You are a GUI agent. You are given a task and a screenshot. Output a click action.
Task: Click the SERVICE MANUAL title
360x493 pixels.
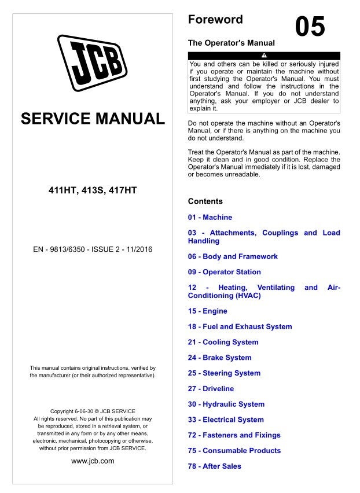pyautogui.click(x=93, y=119)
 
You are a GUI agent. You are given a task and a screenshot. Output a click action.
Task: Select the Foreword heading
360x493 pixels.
pyautogui.click(x=215, y=20)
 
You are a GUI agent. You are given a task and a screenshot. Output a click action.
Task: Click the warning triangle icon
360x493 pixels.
pyautogui.click(x=264, y=56)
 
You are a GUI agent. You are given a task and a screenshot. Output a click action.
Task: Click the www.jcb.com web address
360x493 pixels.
pyautogui.click(x=93, y=461)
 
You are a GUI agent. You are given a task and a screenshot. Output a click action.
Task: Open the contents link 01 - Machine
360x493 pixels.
pyautogui.click(x=210, y=218)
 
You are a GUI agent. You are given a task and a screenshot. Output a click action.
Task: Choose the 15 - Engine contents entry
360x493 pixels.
pyautogui.click(x=207, y=311)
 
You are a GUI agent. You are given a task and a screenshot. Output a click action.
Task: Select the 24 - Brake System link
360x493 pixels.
pyautogui.click(x=219, y=358)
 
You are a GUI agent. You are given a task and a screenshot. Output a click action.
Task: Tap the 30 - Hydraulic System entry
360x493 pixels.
pyautogui.click(x=226, y=404)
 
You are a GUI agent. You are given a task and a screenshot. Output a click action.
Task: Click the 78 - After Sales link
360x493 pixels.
pyautogui.click(x=214, y=466)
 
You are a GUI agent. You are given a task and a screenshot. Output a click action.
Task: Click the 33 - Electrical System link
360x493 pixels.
pyautogui.click(x=226, y=420)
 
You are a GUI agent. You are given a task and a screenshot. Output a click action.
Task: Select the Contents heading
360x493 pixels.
pyautogui.click(x=205, y=201)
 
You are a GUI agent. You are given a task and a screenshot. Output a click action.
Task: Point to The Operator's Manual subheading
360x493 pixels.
pyautogui.click(x=232, y=43)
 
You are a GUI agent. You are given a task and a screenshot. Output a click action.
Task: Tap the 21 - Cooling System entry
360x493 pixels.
pyautogui.click(x=223, y=342)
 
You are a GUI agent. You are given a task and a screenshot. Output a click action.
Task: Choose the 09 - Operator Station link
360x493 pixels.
pyautogui.click(x=224, y=272)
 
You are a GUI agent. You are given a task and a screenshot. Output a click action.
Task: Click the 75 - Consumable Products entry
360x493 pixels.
pyautogui.click(x=234, y=451)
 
